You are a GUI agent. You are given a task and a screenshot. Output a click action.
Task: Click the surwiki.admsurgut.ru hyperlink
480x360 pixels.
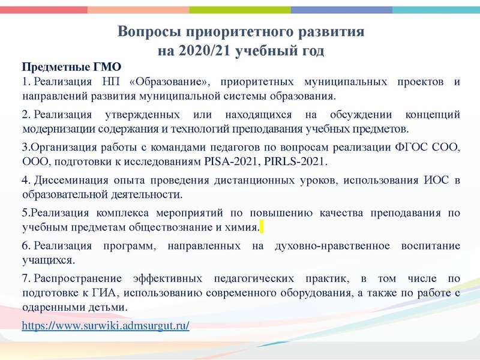click(105, 326)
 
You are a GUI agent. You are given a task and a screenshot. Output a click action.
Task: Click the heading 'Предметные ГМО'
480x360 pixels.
click(71, 67)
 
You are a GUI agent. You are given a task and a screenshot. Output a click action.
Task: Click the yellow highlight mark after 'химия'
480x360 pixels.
click(262, 227)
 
